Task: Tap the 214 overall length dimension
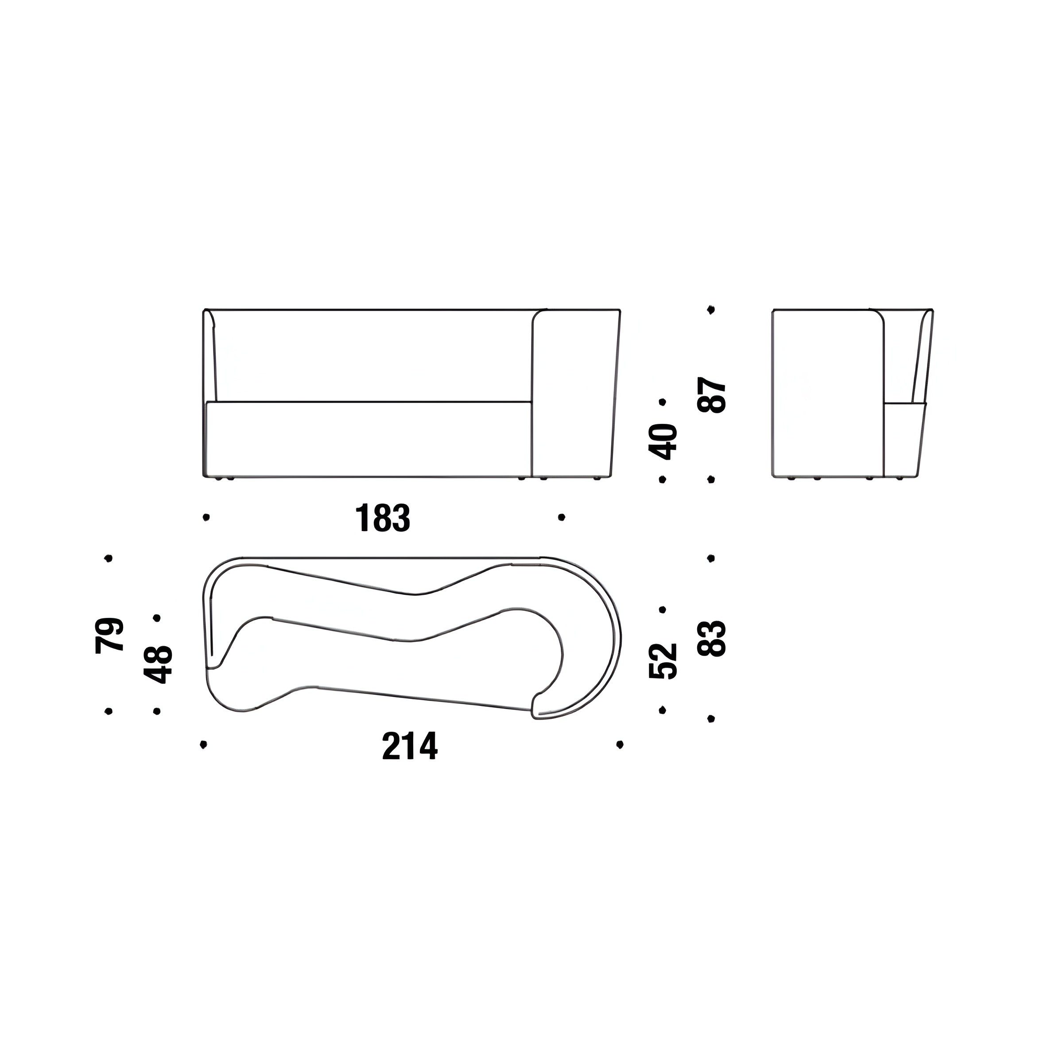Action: (x=410, y=745)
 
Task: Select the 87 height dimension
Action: (x=712, y=395)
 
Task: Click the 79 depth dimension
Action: (x=109, y=636)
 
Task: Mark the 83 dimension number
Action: (x=712, y=638)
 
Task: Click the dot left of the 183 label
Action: (x=206, y=517)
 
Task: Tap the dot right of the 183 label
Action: (x=561, y=517)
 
